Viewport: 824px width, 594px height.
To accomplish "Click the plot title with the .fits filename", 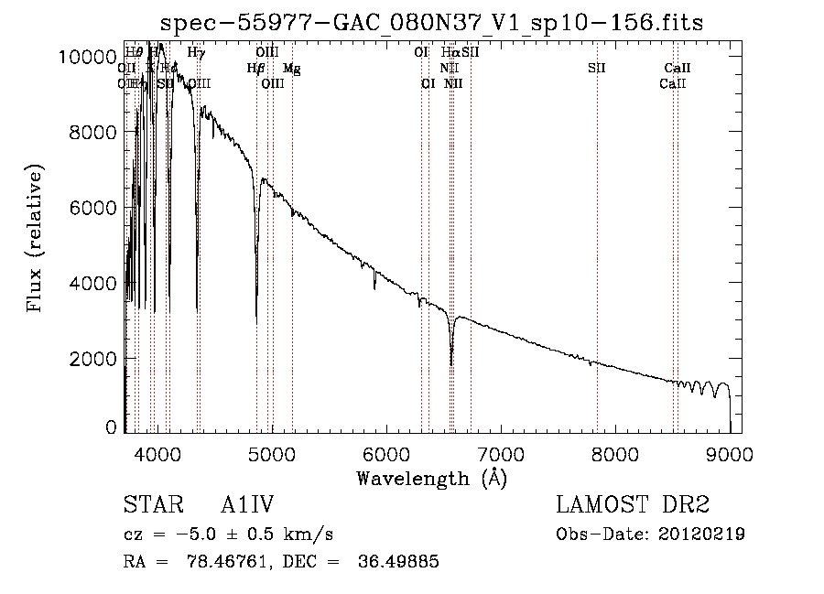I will pos(431,22).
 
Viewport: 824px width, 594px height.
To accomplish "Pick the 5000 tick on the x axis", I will pos(272,454).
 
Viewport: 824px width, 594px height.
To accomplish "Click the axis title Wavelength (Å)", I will pos(431,478).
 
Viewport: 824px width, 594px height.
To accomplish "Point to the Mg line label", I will pos(290,69).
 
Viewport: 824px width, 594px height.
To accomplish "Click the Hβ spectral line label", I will pos(255,69).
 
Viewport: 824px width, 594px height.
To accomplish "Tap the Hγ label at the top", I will pos(196,53).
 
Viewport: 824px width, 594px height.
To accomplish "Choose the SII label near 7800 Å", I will pos(597,69).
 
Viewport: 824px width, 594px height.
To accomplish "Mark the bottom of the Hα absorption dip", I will pos(451,364).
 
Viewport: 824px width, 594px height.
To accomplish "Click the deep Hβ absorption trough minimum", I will pos(256,317).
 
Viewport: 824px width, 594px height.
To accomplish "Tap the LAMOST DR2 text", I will pos(633,505).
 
